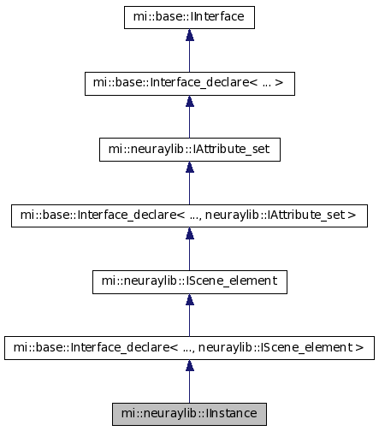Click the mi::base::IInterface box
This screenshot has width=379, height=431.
click(189, 17)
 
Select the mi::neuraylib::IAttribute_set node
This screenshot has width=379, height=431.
click(190, 150)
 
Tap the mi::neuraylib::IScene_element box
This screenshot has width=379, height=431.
click(190, 282)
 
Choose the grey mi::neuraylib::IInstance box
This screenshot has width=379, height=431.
click(189, 414)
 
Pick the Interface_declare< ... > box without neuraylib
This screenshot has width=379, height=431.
click(190, 84)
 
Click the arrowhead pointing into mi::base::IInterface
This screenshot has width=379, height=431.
click(190, 35)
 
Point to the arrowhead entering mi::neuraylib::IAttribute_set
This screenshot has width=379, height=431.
click(190, 167)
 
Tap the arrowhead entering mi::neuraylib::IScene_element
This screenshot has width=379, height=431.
click(190, 299)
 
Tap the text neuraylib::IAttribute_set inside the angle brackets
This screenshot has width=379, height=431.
click(275, 215)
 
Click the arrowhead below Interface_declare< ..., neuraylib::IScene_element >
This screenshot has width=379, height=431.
click(190, 365)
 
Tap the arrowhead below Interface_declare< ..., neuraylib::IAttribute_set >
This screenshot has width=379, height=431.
click(190, 233)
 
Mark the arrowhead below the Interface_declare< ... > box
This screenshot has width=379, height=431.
click(190, 101)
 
